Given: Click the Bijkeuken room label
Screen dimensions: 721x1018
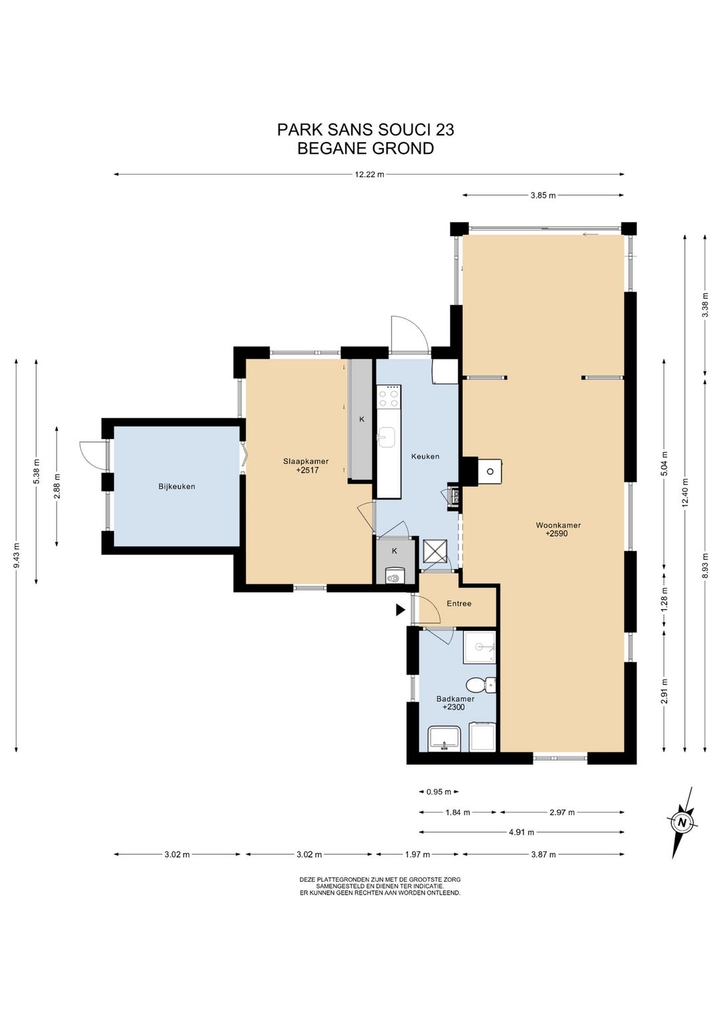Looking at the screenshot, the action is point(176,486).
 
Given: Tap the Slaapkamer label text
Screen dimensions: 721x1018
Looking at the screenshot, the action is point(306,461).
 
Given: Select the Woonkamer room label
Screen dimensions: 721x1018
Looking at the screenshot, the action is point(558,526).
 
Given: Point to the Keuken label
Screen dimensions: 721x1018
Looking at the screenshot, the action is point(425,456).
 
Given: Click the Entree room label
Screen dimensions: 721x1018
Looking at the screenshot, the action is point(459,604).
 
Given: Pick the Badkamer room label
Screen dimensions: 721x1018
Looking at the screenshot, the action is point(455,699).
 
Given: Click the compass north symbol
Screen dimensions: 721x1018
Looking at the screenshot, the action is point(682,822).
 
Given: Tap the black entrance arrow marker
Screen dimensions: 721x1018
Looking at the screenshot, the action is point(401,610).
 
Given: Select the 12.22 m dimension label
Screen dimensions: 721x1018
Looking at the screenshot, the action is point(369,174).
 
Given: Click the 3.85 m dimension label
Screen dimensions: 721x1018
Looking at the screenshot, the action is point(543,195).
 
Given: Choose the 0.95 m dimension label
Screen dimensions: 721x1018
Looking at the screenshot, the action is point(439,792).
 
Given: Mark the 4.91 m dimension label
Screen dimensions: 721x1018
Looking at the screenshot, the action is point(521,832).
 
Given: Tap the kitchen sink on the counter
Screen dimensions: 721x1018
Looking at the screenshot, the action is point(387,438).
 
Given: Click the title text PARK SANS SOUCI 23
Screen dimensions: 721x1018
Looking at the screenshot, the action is point(365,130).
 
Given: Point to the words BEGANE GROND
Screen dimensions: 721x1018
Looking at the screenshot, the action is point(365,149).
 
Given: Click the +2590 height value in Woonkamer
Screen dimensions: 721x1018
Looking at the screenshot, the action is point(557,534).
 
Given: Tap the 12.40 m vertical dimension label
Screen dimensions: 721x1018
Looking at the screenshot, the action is point(685,493).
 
